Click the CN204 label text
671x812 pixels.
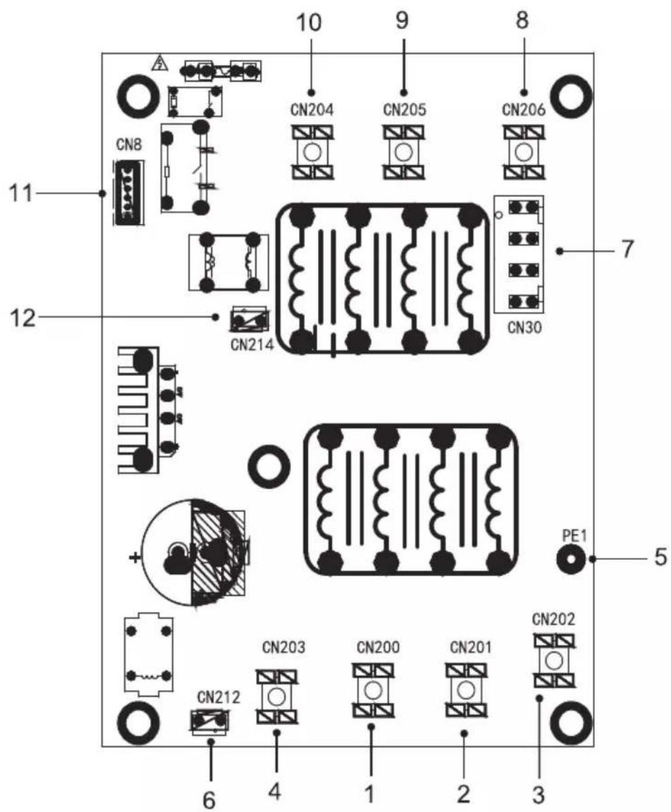[x=311, y=110]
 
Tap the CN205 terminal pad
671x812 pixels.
[x=404, y=152]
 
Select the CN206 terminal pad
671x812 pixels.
[x=523, y=152]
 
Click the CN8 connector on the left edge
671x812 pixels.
[x=127, y=192]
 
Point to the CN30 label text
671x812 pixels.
[x=525, y=328]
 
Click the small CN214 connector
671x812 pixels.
[x=250, y=319]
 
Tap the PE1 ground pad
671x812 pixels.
[x=571, y=559]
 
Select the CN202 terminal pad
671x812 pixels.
[x=554, y=660]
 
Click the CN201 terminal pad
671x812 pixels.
[x=466, y=689]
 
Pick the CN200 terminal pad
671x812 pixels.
[x=373, y=689]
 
